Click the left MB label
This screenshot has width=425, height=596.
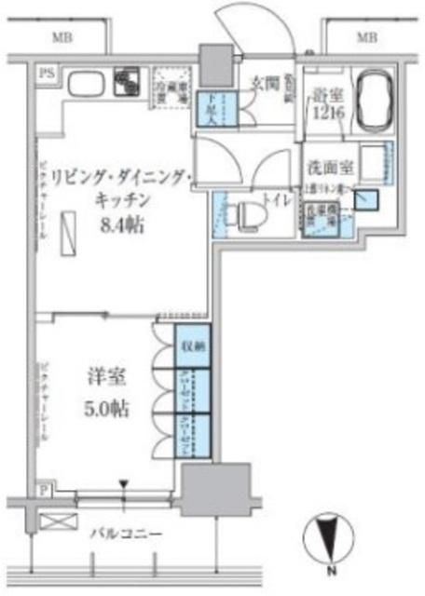(x=62, y=37)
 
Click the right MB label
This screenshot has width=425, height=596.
(x=366, y=37)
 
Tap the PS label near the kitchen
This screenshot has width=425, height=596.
(x=43, y=72)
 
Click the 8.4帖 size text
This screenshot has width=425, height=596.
(x=119, y=224)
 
